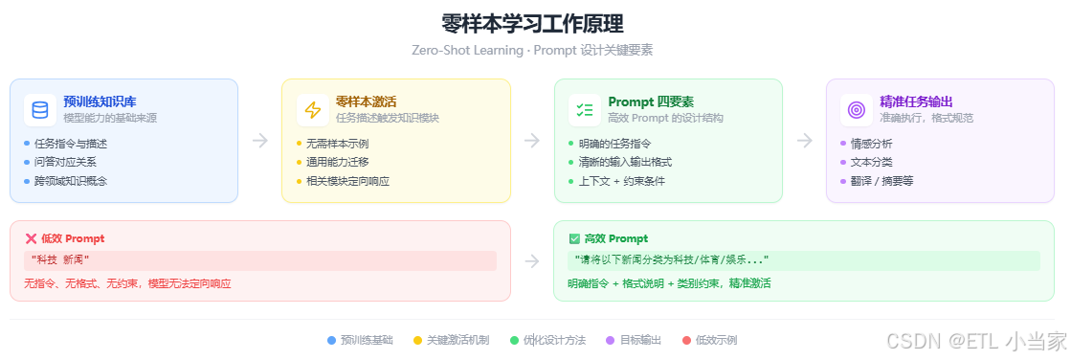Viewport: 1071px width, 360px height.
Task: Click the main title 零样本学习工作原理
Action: tap(532, 24)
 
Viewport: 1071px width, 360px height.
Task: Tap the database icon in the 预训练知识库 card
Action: tap(40, 109)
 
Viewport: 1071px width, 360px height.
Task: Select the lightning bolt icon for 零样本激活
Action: tap(312, 109)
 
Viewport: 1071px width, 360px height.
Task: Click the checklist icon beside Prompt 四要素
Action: tap(584, 109)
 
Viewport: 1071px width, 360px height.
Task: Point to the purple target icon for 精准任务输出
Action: tap(856, 109)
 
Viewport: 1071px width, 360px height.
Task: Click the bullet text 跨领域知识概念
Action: tap(71, 181)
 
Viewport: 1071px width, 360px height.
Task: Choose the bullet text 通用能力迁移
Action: tap(337, 162)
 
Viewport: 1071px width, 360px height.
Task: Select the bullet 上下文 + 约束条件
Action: tap(621, 181)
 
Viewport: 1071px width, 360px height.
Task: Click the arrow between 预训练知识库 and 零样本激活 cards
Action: tap(259, 141)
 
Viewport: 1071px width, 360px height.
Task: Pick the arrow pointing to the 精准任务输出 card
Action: tap(804, 141)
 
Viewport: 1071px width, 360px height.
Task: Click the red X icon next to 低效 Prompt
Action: tap(31, 238)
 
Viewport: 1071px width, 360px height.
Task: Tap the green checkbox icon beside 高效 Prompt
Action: tap(574, 238)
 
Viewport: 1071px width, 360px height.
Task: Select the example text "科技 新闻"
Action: tap(60, 260)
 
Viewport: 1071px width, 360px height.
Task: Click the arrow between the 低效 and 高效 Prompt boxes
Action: tap(532, 260)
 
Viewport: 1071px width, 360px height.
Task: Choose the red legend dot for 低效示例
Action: tap(686, 340)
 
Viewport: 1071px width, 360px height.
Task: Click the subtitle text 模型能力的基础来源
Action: tap(110, 119)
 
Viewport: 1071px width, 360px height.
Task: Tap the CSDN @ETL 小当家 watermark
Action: tap(975, 340)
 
